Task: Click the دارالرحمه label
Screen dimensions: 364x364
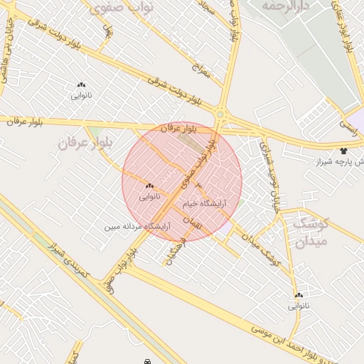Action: (287, 6)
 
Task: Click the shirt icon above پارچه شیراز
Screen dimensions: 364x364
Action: (344, 151)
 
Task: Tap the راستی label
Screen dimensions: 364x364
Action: (349, 127)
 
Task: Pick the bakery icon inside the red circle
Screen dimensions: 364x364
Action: (149, 186)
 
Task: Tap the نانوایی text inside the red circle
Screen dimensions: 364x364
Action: (149, 196)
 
